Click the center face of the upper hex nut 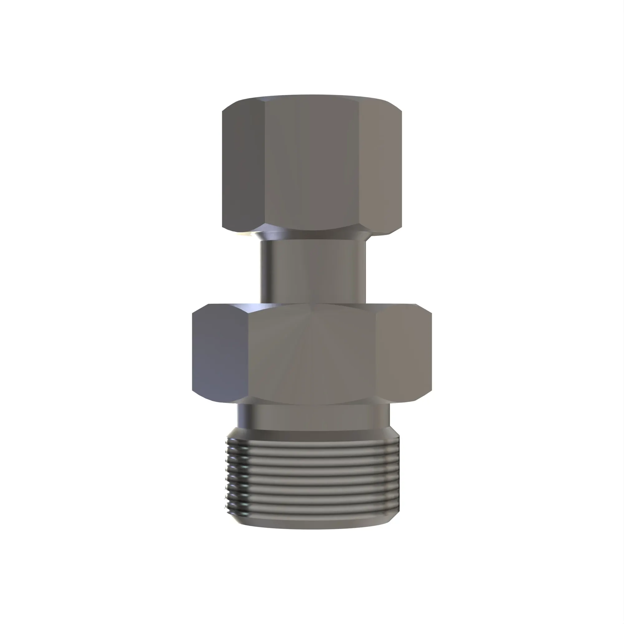[x=312, y=165]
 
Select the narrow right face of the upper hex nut [x=380, y=168]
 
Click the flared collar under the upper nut [x=312, y=235]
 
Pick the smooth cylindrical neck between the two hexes [x=313, y=271]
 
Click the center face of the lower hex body [x=312, y=354]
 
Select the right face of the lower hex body [x=404, y=354]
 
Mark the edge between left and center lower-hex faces [x=247, y=354]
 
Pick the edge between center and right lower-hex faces [x=377, y=354]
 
